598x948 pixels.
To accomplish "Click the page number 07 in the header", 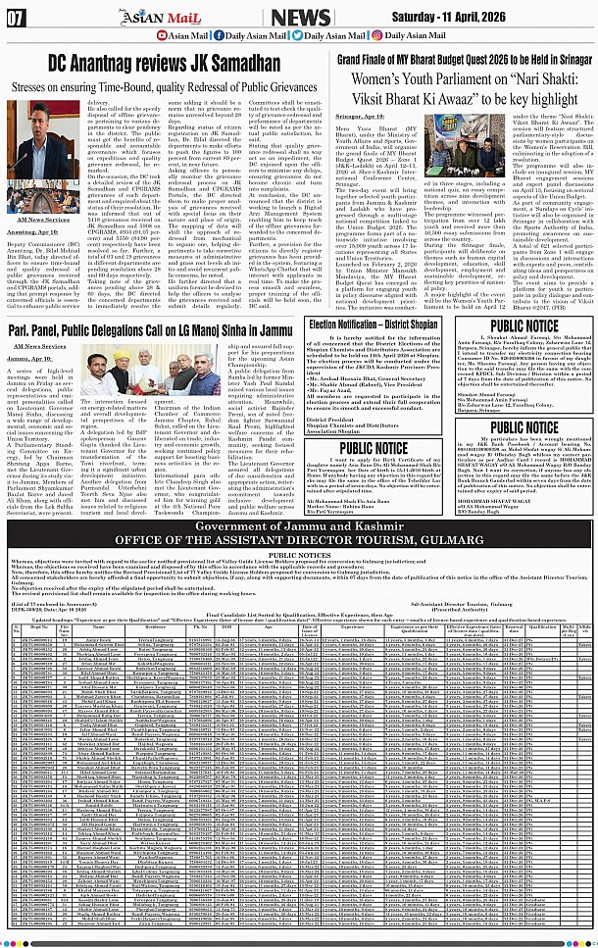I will click(x=17, y=17).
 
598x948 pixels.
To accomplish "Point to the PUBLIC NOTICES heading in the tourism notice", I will click(x=299, y=553).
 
